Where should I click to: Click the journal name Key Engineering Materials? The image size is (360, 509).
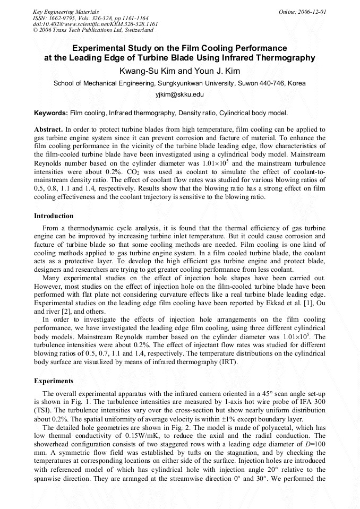pyautogui.click(x=66, y=12)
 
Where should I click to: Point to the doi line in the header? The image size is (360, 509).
pyautogui.click(x=96, y=24)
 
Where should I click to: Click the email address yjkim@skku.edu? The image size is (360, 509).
pyautogui.click(x=179, y=94)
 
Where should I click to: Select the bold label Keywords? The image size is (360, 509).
pyautogui.click(x=51, y=113)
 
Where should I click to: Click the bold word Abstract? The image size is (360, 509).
pyautogui.click(x=48, y=129)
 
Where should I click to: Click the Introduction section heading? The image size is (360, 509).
pyautogui.click(x=54, y=216)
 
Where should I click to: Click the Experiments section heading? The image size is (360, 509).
pyautogui.click(x=54, y=381)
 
